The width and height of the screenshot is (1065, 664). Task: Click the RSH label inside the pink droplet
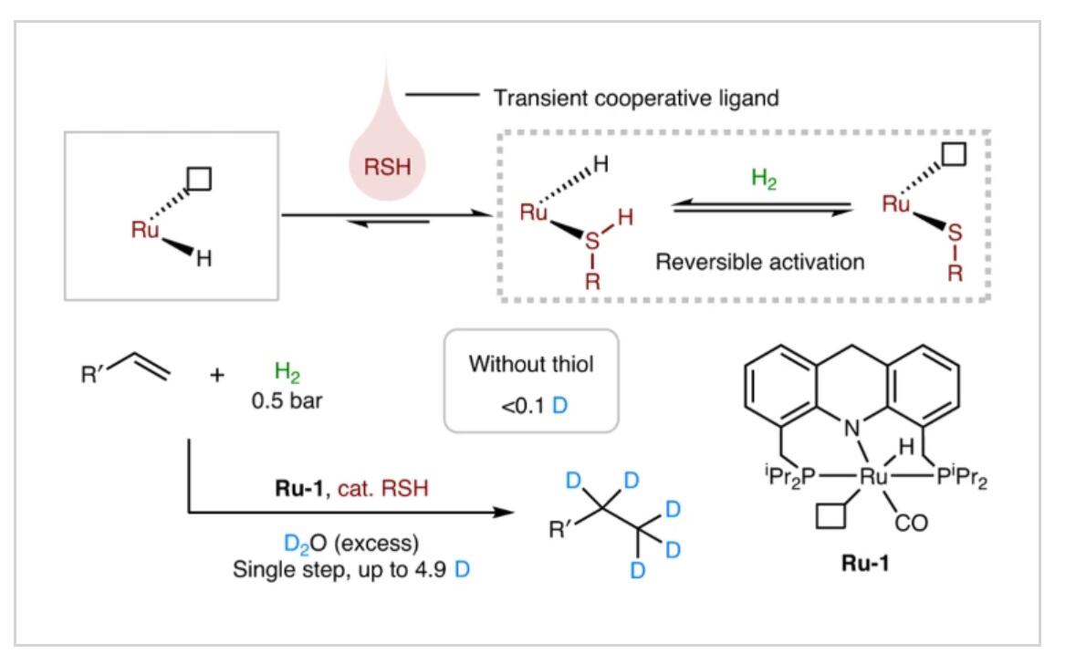pyautogui.click(x=387, y=166)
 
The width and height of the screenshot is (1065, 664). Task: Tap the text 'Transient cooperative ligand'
pyautogui.click(x=636, y=99)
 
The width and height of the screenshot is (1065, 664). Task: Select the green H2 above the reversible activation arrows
pyautogui.click(x=764, y=179)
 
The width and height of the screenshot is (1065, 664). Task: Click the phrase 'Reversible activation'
pyautogui.click(x=759, y=262)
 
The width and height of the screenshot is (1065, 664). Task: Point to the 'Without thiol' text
pyautogui.click(x=531, y=364)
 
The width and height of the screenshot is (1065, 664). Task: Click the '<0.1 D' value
pyautogui.click(x=535, y=406)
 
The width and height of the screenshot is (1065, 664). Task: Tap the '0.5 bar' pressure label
pyautogui.click(x=287, y=400)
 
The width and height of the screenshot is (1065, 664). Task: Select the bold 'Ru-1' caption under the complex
pyautogui.click(x=864, y=563)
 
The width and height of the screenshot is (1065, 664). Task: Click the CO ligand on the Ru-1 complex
pyautogui.click(x=911, y=523)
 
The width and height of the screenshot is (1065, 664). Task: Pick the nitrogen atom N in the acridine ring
pyautogui.click(x=851, y=429)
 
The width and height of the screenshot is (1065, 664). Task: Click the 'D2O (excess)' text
pyautogui.click(x=351, y=544)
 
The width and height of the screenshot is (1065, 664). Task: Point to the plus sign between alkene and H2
pyautogui.click(x=216, y=375)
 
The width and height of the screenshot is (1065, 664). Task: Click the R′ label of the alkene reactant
pyautogui.click(x=90, y=374)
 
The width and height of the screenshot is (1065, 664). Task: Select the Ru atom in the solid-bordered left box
pyautogui.click(x=145, y=230)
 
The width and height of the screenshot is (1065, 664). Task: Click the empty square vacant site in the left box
pyautogui.click(x=199, y=179)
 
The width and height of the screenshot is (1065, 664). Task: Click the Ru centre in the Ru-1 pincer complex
pyautogui.click(x=873, y=476)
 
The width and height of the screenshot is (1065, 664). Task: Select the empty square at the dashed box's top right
pyautogui.click(x=954, y=153)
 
